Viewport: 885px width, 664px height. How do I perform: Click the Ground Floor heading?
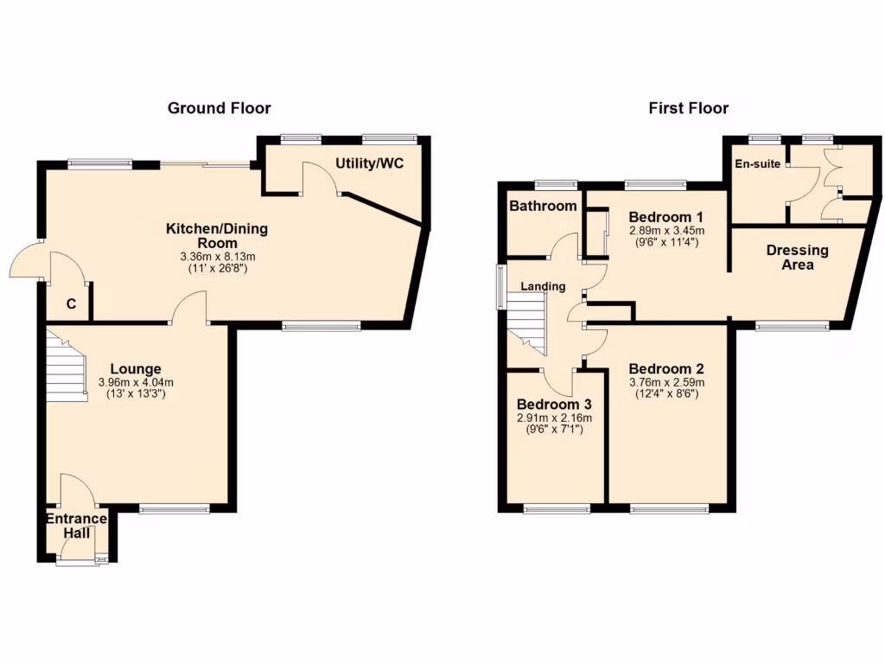click(x=219, y=108)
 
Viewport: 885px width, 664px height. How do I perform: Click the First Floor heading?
click(x=688, y=108)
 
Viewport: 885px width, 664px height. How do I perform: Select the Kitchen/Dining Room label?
click(x=217, y=236)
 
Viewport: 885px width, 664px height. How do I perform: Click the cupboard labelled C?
click(x=71, y=303)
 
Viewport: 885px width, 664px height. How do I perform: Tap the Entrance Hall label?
click(x=76, y=526)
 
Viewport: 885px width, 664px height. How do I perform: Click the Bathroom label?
click(x=542, y=206)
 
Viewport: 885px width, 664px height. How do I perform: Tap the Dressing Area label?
click(x=797, y=258)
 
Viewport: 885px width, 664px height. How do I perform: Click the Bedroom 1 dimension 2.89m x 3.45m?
click(x=666, y=231)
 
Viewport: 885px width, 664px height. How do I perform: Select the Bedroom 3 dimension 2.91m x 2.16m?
click(x=555, y=418)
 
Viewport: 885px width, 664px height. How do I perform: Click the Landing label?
click(x=543, y=286)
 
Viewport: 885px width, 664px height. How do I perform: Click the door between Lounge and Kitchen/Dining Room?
click(x=189, y=310)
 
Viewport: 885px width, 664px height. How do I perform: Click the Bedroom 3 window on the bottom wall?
click(x=557, y=509)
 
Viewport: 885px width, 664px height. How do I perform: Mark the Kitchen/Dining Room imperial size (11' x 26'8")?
click(x=217, y=269)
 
